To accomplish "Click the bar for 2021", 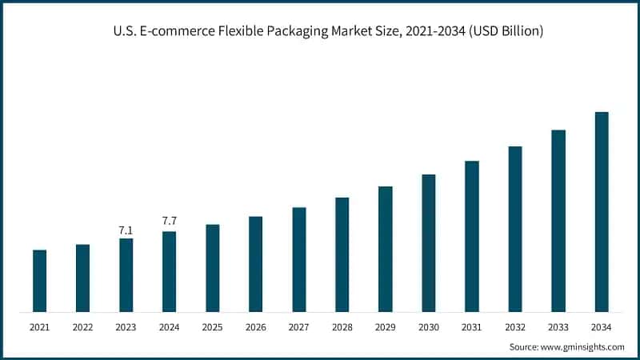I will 39,281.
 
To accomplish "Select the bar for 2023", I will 126,275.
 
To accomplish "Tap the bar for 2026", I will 255,264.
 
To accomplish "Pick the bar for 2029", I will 385,249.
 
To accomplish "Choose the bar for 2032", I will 514,229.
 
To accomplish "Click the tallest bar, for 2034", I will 602,212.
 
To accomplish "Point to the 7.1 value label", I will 126,230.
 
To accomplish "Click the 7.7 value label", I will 169,220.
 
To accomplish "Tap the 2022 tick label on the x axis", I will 82,327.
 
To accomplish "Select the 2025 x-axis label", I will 212,327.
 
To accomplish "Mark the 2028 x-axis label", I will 342,327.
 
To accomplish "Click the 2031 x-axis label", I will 471,327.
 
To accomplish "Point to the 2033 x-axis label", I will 558,327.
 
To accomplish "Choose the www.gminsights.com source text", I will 584,347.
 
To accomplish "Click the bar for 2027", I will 298,259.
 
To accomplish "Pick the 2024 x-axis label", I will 169,327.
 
